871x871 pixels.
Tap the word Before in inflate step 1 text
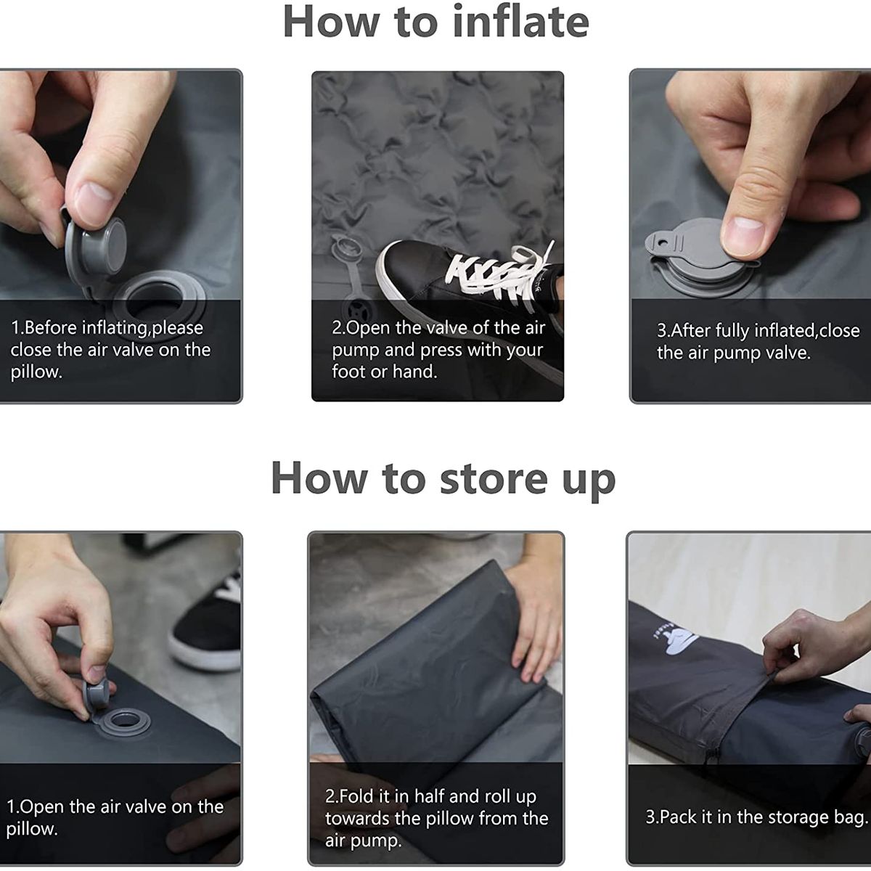50,328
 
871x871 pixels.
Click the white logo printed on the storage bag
679,643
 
